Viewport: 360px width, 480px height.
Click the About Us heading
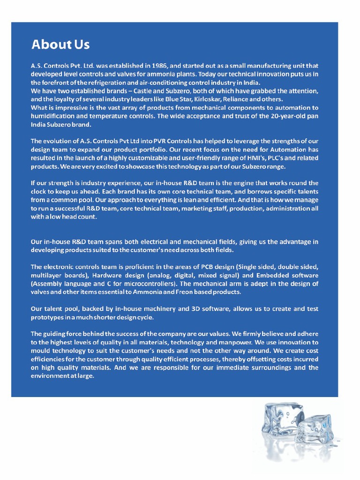(x=60, y=45)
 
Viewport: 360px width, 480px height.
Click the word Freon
(x=178, y=292)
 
